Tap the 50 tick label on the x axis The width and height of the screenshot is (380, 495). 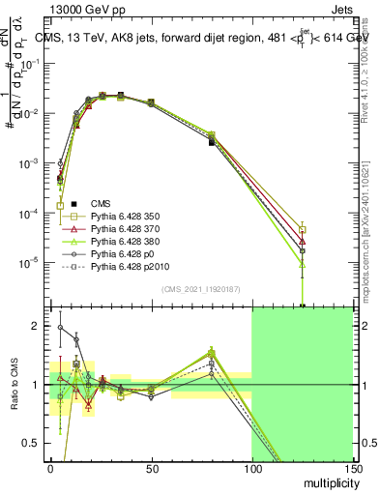(151, 469)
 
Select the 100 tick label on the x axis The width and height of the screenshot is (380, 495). (251, 469)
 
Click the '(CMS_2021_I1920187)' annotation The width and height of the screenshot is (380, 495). (201, 289)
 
